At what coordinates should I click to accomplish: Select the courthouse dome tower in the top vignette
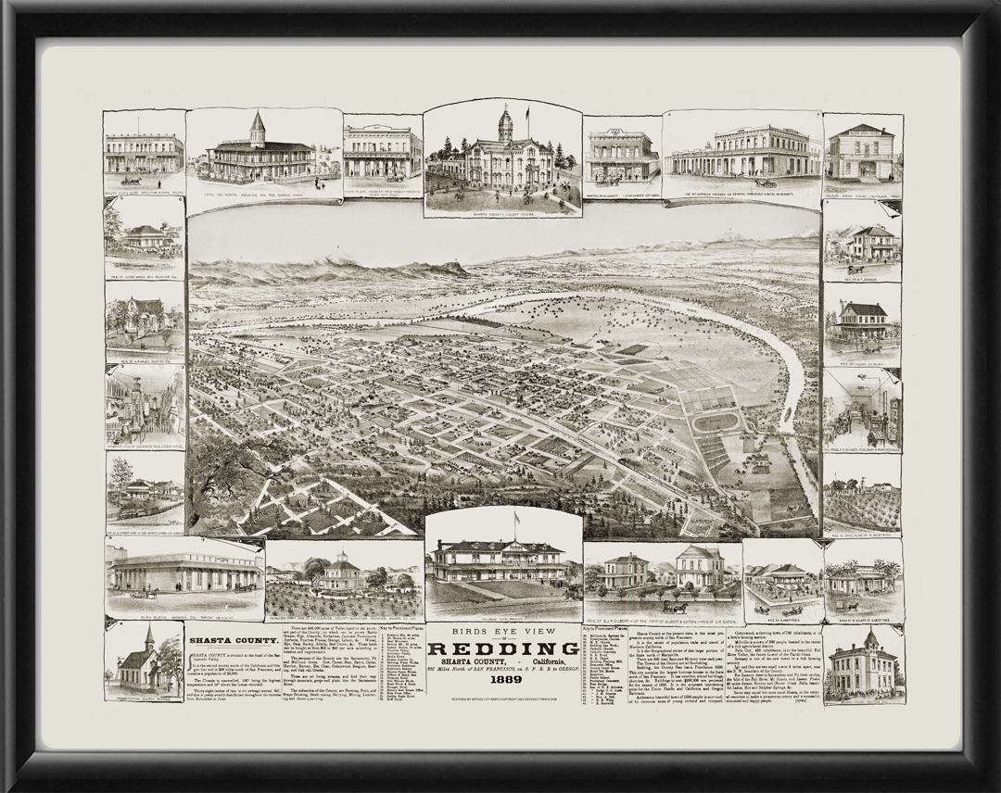(x=505, y=122)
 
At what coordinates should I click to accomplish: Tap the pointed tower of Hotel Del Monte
(x=258, y=128)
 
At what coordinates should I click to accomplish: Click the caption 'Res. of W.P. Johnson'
(x=862, y=273)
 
